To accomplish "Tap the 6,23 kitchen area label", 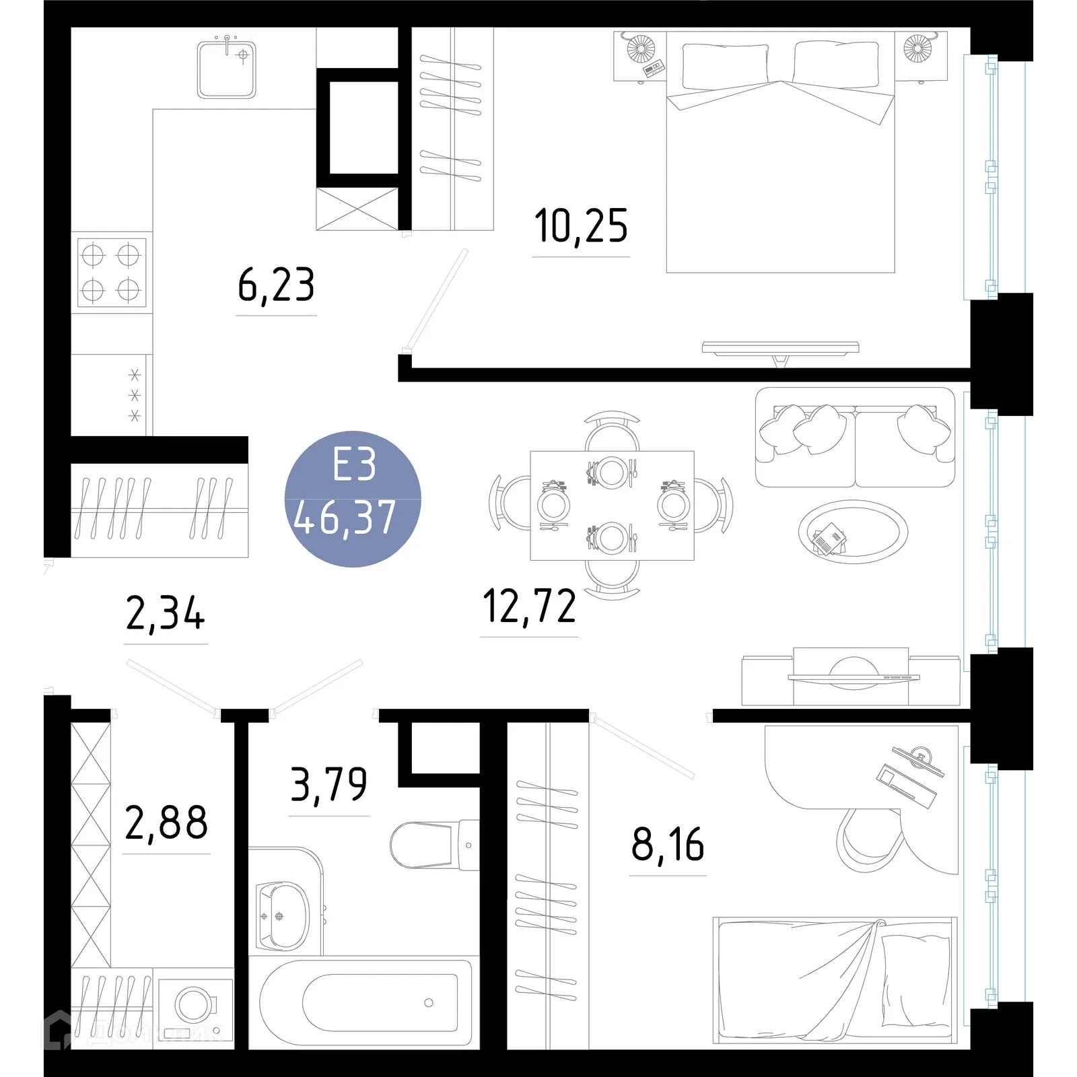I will coord(276,285).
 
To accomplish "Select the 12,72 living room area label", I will coord(529,606).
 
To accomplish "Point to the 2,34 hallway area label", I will coord(165,613).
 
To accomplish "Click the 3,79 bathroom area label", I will coord(328,785).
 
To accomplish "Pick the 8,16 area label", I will coord(668,845).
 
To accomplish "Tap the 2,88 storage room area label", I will coord(166,823).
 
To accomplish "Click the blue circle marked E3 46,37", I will coord(353,499).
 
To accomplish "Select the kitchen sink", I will coord(227,69).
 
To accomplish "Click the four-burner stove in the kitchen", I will coord(111,272).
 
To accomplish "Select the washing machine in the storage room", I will coord(195,1006).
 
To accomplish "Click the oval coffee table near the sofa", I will coord(852,532).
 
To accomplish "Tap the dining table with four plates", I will coord(612,506).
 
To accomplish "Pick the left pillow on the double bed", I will coord(724,65).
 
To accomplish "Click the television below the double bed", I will coord(780,348).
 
